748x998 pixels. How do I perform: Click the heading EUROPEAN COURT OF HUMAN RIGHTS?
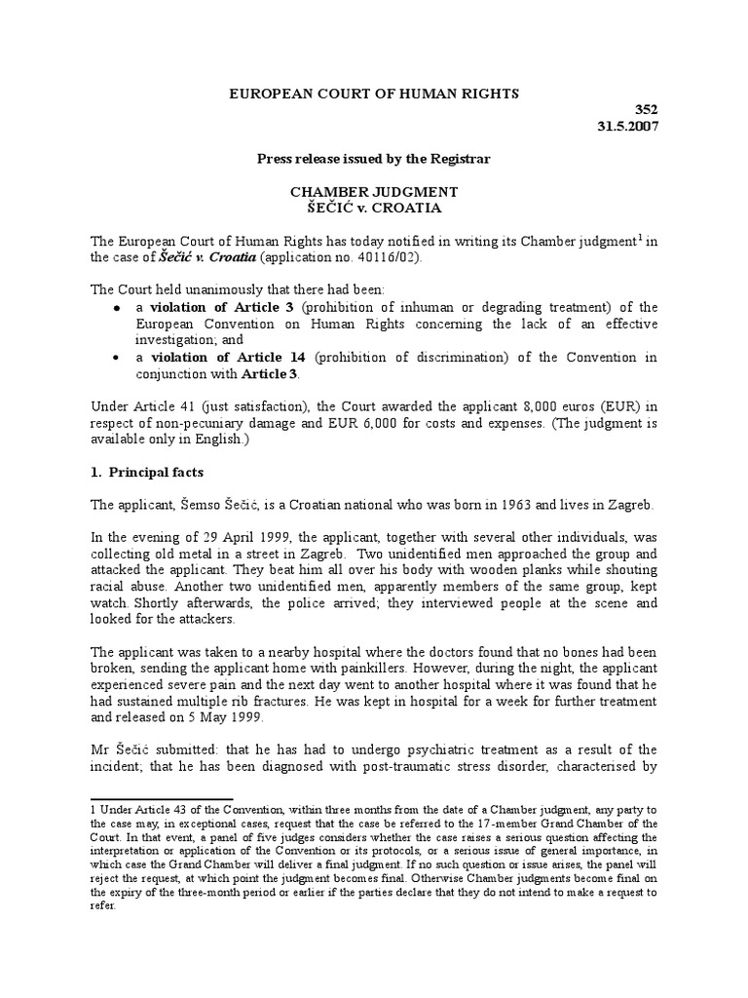[373, 94]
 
